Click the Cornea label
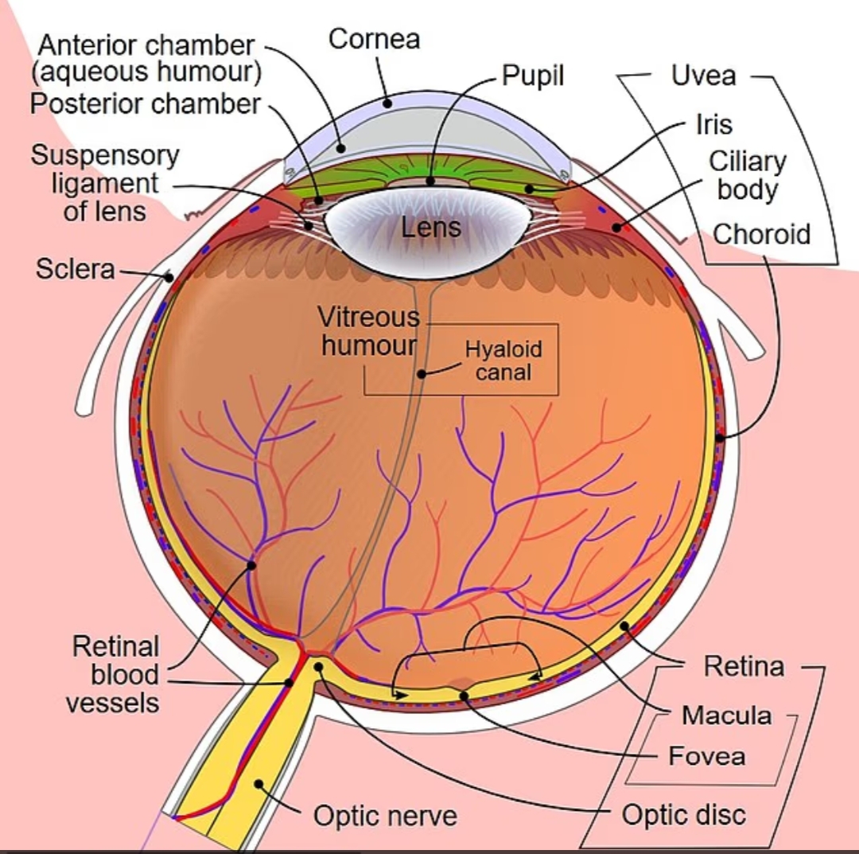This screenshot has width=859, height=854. tap(374, 39)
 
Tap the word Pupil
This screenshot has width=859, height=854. tap(532, 76)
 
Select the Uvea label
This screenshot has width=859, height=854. tap(703, 76)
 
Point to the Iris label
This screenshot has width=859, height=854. tap(713, 124)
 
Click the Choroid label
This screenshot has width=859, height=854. tap(761, 234)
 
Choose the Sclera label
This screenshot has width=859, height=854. tap(76, 268)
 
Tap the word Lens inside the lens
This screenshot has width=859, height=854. tap(430, 228)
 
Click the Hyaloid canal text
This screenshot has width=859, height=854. tap(503, 361)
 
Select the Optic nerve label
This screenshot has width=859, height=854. tap(385, 816)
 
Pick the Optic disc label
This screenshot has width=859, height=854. tap(684, 814)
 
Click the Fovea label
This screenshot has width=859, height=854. tap(707, 756)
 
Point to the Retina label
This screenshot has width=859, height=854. tap(744, 666)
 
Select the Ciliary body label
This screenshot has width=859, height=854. tap(747, 176)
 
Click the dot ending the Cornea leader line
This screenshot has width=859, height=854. tap(388, 103)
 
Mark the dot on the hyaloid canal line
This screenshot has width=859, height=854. tap(422, 374)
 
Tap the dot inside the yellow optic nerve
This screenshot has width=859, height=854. tap(258, 785)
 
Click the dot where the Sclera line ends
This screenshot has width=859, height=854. tap(169, 277)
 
